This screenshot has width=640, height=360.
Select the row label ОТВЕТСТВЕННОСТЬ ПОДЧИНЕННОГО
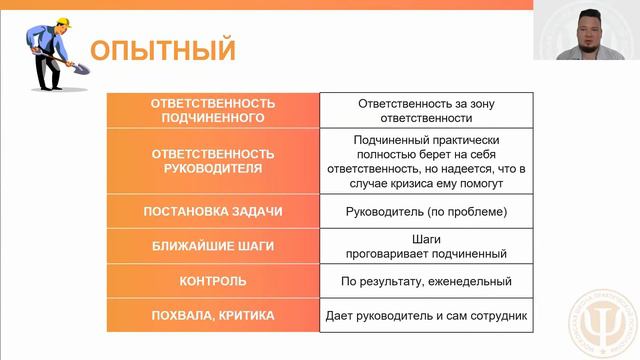[212, 109]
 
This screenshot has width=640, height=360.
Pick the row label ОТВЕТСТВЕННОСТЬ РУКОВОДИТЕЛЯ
[212, 160]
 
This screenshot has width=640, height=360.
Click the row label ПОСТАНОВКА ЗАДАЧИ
[212, 212]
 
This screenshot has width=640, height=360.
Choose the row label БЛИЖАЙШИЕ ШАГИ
[212, 245]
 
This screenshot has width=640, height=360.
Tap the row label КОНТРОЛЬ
[212, 281]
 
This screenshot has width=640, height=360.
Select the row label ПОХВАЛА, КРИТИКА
[212, 316]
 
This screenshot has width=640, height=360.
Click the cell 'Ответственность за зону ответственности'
[426, 109]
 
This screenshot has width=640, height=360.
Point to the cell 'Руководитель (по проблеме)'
[426, 212]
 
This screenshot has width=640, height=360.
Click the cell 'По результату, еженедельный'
[426, 281]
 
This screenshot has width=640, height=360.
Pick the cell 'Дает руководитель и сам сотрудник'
[426, 316]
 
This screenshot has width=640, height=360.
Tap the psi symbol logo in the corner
[606, 326]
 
